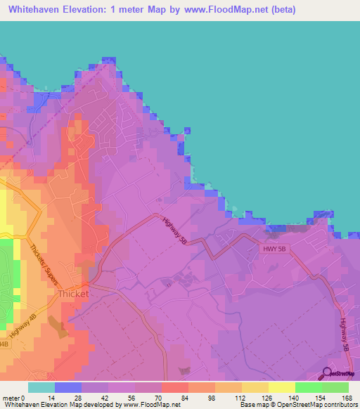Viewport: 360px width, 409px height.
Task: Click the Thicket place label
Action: (73, 294)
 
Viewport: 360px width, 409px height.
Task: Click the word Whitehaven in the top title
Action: (40, 10)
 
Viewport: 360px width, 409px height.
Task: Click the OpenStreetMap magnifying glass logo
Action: (328, 373)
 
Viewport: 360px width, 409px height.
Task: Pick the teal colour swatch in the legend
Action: (41, 387)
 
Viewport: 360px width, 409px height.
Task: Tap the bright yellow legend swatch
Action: (281, 387)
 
